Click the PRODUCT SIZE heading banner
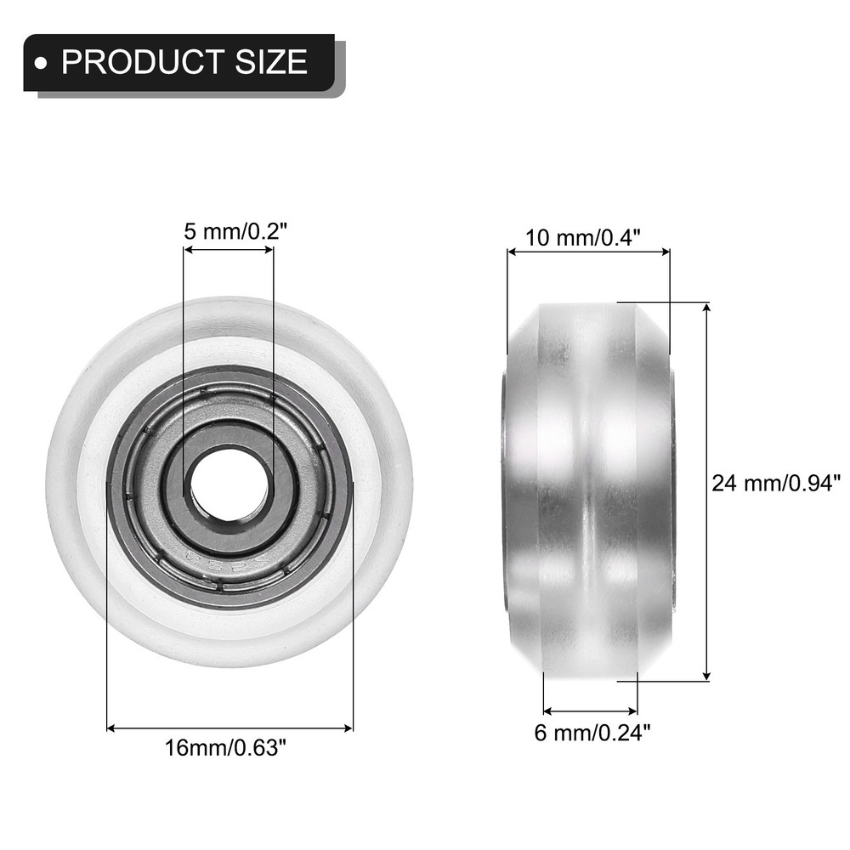click(178, 62)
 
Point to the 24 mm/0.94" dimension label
click(774, 484)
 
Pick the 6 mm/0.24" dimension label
click(592, 731)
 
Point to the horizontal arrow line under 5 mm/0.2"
click(229, 250)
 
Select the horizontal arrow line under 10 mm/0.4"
click(588, 251)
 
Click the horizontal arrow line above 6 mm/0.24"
click(590, 710)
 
